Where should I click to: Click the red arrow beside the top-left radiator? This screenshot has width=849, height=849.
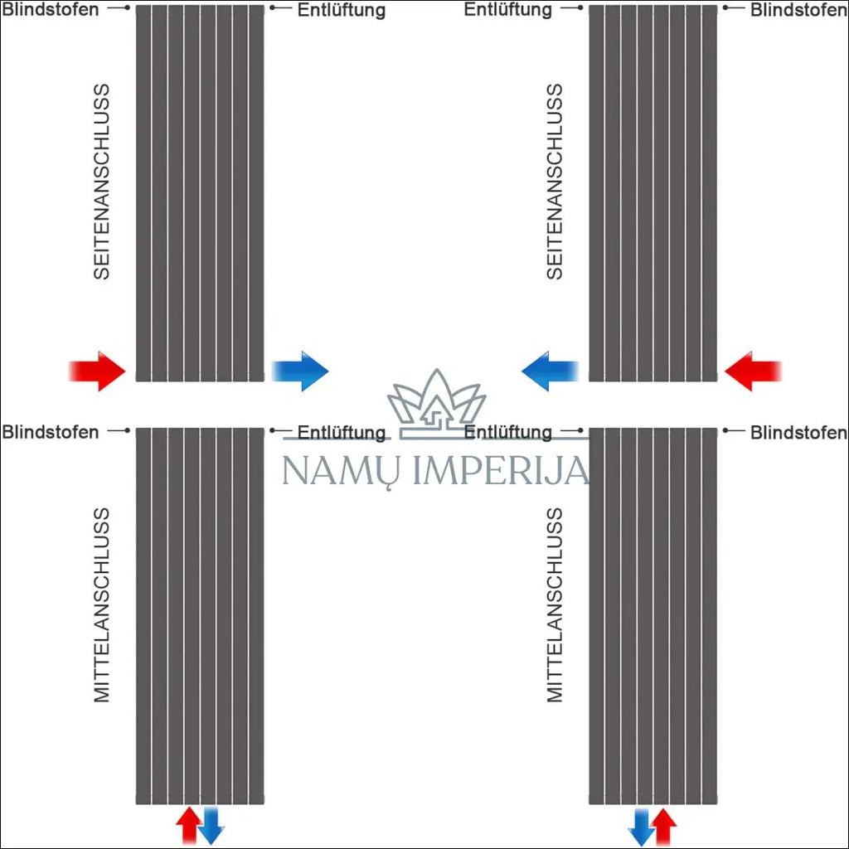[98, 371]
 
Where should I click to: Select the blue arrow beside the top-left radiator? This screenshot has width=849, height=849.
[300, 371]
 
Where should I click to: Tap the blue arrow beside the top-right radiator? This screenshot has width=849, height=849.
[551, 371]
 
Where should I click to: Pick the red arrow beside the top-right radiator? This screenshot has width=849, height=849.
[753, 371]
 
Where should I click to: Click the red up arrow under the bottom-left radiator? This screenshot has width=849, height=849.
[188, 825]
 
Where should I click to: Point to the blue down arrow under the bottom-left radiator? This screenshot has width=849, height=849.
[211, 826]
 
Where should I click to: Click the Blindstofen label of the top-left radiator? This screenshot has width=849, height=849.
[51, 10]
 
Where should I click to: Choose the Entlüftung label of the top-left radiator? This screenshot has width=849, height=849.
[342, 10]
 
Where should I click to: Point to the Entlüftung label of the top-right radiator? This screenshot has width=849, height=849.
[508, 10]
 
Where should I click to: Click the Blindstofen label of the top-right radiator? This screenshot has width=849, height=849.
[798, 10]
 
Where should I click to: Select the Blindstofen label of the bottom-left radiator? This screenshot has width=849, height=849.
[51, 432]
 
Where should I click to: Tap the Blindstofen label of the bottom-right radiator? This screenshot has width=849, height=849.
[798, 433]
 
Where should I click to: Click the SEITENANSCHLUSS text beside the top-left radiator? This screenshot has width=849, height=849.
[101, 182]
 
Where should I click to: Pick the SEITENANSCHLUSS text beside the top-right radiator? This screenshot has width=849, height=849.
[555, 182]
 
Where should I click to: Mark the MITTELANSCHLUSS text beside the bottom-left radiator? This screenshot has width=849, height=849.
[101, 604]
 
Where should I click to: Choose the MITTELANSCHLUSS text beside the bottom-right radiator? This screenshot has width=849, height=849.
[555, 604]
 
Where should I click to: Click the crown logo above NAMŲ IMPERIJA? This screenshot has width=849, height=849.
[436, 404]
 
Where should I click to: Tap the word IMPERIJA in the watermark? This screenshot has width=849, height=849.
[501, 470]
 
